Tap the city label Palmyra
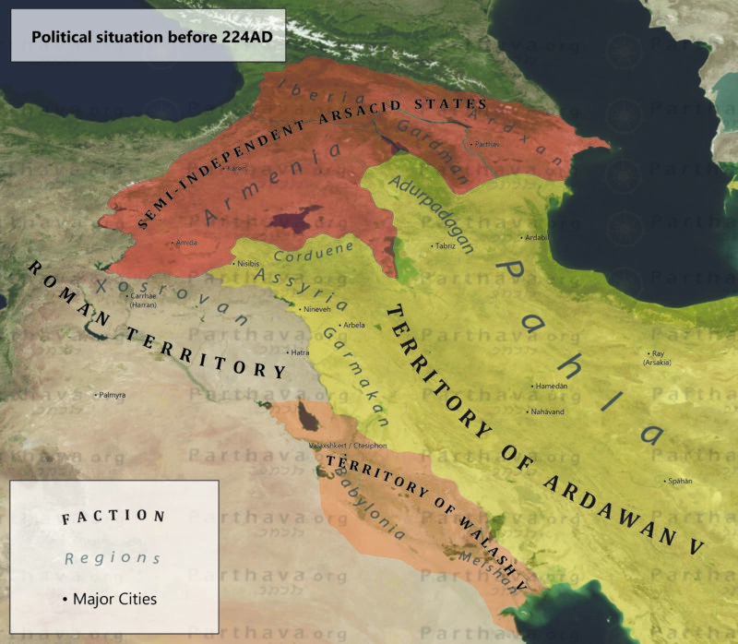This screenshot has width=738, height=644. point(110,395)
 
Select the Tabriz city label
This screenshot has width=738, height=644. point(446,246)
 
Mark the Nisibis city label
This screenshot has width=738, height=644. point(244,264)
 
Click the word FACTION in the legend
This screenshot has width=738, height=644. point(113,517)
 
